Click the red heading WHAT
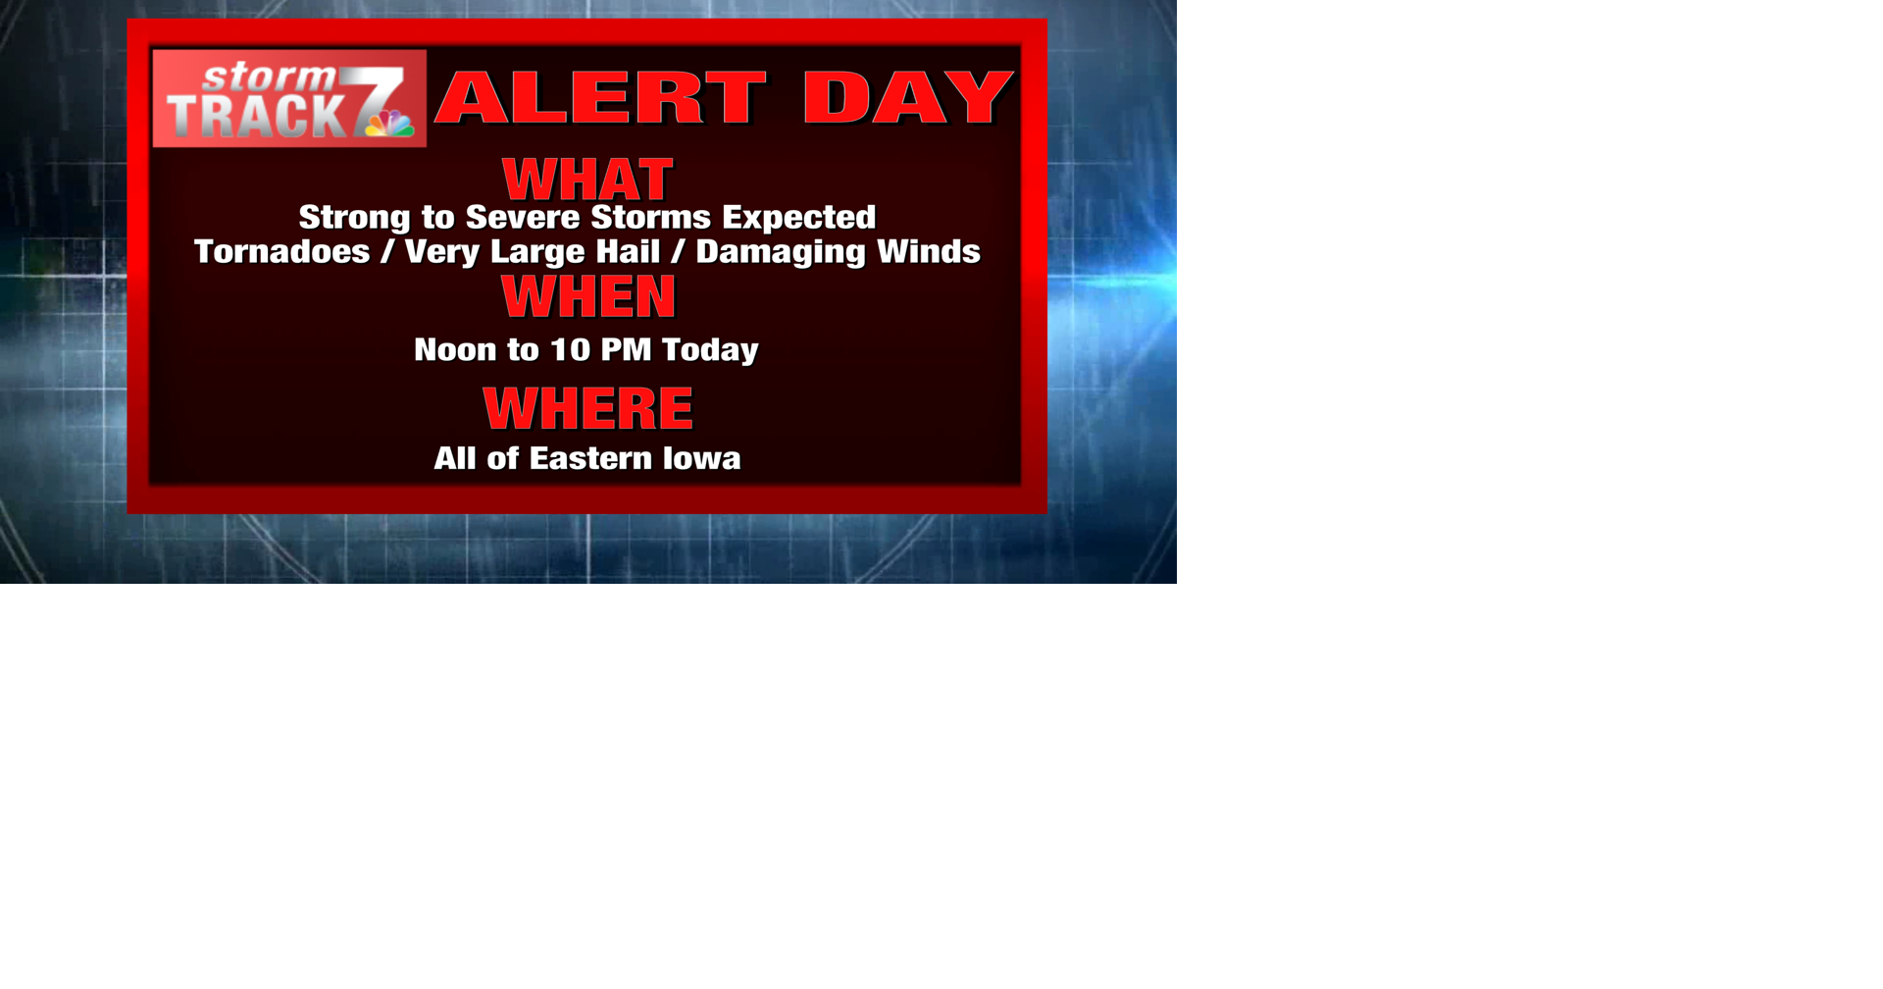point(587,180)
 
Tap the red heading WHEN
point(588,296)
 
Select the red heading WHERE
point(587,408)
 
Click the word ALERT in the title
point(600,98)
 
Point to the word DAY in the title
point(907,98)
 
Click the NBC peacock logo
point(390,124)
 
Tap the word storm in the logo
point(269,77)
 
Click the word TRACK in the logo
point(257,117)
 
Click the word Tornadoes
point(282,252)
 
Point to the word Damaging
point(781,252)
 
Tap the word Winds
point(929,252)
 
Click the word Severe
point(523,217)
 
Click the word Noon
point(455,350)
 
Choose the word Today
point(710,350)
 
